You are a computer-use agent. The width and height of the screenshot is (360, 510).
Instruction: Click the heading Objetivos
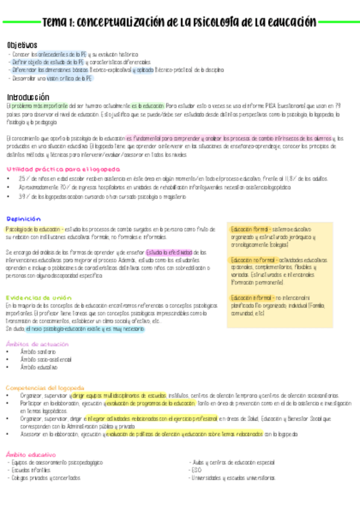22,45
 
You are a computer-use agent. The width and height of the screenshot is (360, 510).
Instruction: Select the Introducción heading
28,97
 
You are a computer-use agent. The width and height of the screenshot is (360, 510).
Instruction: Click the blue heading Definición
23,219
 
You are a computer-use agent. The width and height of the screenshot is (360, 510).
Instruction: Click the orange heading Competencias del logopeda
45,388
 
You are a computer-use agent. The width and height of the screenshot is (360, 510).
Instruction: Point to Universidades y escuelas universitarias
233,478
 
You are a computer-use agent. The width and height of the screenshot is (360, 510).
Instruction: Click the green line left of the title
20,23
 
